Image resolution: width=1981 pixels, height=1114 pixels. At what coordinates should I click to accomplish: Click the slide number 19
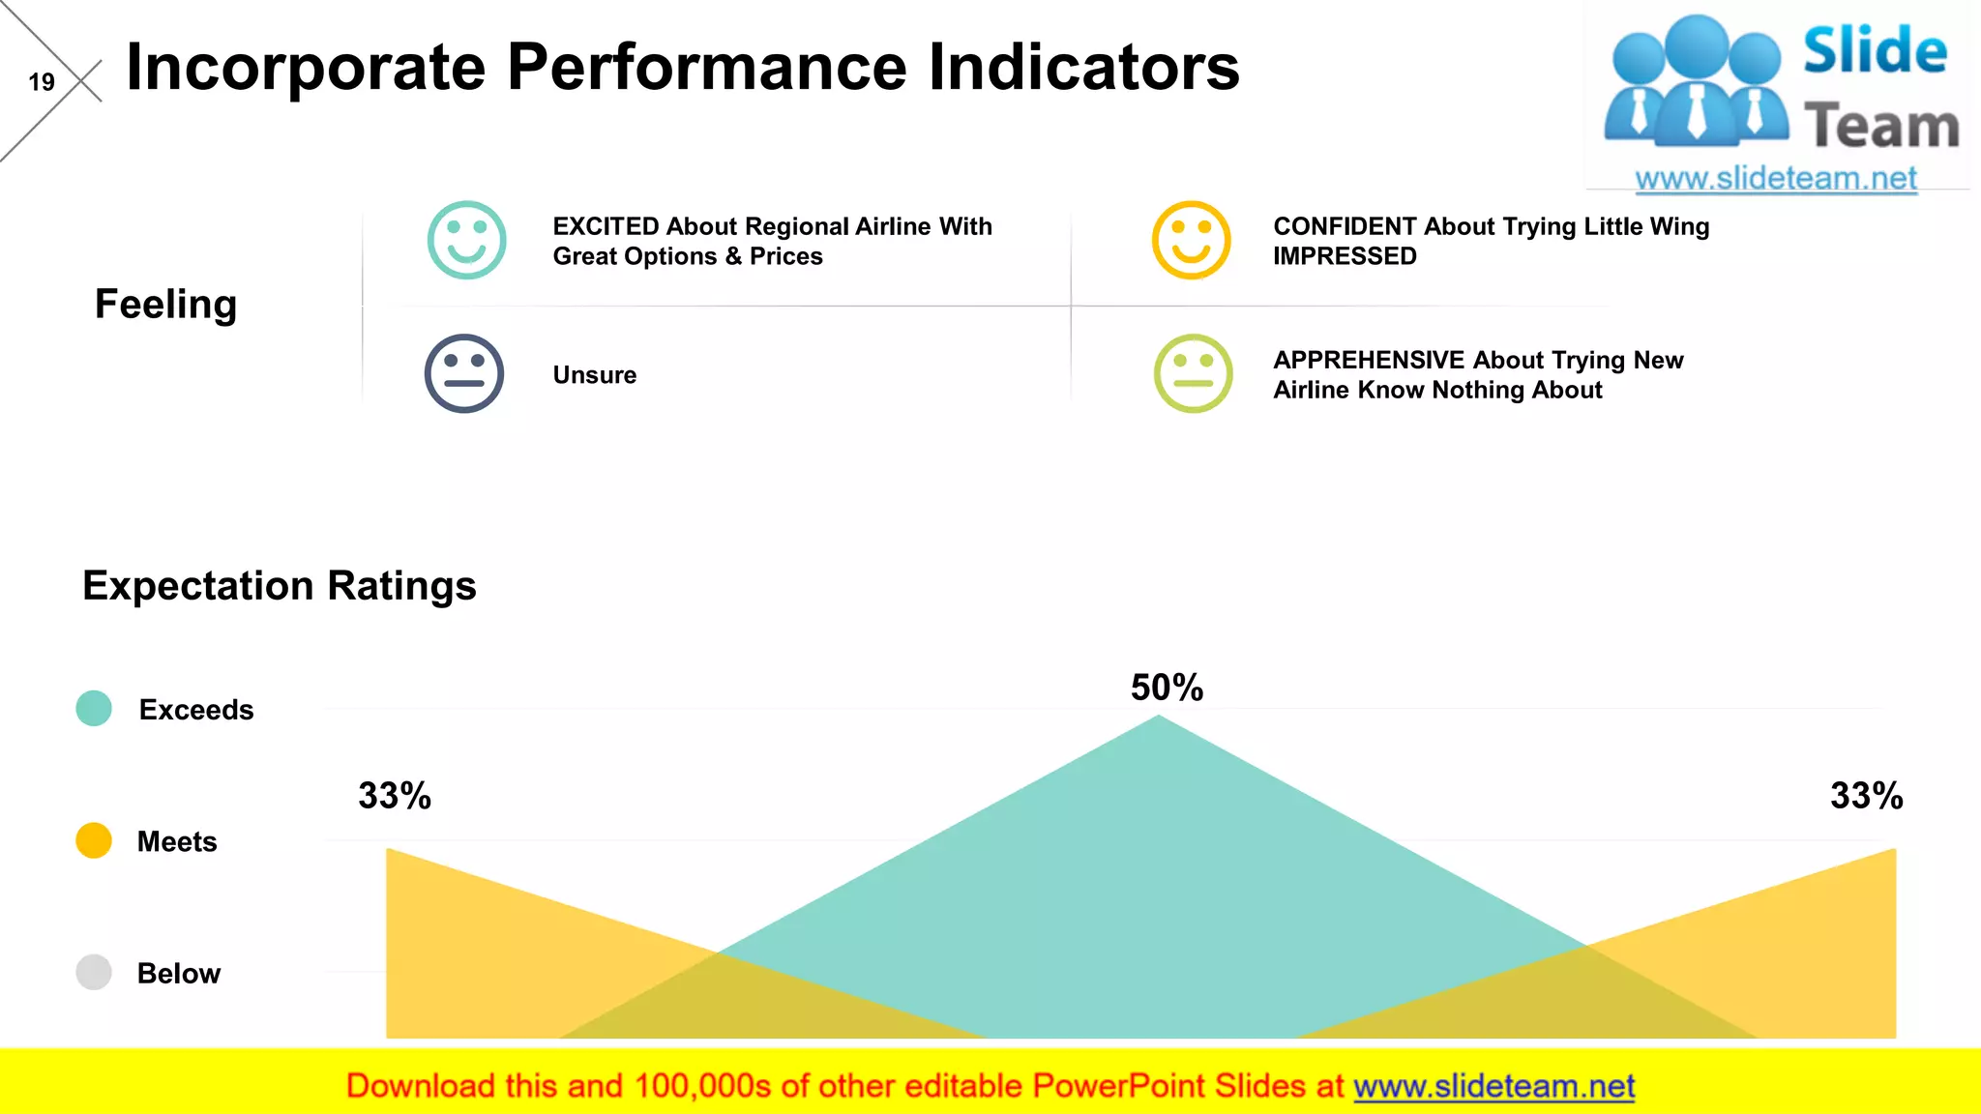pyautogui.click(x=42, y=82)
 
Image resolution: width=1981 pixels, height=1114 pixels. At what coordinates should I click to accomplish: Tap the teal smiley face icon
pyautogui.click(x=466, y=240)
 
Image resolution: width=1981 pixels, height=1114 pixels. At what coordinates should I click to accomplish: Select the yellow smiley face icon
pyautogui.click(x=1191, y=240)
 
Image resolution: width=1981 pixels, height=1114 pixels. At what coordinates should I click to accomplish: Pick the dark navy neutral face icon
pyautogui.click(x=464, y=373)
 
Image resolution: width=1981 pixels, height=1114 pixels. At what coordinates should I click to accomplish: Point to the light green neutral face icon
pyautogui.click(x=1193, y=373)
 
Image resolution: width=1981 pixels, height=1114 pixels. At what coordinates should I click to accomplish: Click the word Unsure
pyautogui.click(x=594, y=375)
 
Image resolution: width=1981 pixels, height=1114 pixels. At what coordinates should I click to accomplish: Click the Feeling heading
pyautogui.click(x=165, y=305)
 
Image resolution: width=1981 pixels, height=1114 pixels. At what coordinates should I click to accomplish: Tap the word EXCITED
pyautogui.click(x=606, y=226)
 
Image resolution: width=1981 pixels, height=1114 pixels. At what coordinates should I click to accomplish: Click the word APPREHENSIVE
pyautogui.click(x=1368, y=360)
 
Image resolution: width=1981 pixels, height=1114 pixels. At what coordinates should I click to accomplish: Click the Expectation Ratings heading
pyautogui.click(x=279, y=586)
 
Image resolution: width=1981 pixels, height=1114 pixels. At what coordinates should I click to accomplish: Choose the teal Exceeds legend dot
pyautogui.click(x=94, y=708)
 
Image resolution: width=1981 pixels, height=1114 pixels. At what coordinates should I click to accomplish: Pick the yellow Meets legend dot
pyautogui.click(x=94, y=840)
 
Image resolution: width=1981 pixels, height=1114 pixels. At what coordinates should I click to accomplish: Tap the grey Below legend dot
pyautogui.click(x=94, y=972)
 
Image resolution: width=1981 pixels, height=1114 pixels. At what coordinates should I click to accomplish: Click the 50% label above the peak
pyautogui.click(x=1167, y=688)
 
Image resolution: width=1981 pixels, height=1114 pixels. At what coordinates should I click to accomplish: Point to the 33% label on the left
pyautogui.click(x=395, y=796)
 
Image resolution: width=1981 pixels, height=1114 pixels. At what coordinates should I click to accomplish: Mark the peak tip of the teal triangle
pyautogui.click(x=1159, y=718)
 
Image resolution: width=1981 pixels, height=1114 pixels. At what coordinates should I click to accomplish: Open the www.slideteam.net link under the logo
pyautogui.click(x=1775, y=178)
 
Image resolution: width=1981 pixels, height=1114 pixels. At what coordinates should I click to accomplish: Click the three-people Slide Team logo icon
pyautogui.click(x=1695, y=82)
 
